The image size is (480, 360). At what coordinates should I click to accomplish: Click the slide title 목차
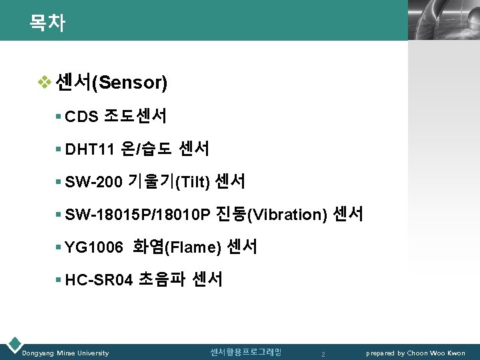coord(47,23)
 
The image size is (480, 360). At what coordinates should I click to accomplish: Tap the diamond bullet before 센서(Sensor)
coord(44,83)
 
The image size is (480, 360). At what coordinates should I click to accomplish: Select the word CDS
coord(82,117)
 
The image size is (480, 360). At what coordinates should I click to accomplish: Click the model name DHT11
coord(90,149)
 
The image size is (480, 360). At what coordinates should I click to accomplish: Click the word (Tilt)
coord(191,181)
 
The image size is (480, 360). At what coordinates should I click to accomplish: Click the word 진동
coord(231,214)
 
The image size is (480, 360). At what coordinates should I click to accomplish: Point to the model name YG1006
coord(94,247)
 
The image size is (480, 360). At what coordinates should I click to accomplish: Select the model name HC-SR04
coord(99,279)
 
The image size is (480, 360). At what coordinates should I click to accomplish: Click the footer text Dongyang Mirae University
coord(65,353)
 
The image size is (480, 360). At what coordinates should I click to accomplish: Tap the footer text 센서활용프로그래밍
coord(245,352)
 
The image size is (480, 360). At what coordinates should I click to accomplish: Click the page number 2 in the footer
coord(323,353)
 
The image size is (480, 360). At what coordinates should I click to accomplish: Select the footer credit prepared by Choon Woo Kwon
coord(415,353)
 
